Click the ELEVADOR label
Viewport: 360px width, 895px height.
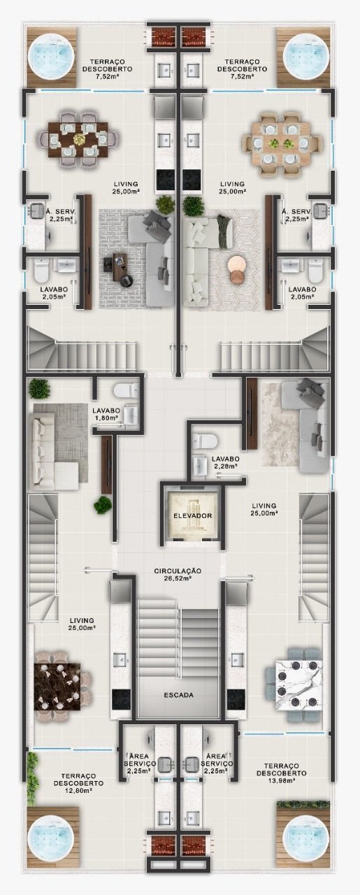coord(193,516)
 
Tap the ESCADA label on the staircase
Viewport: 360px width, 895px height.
coord(178,695)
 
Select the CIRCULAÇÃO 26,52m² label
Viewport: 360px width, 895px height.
coord(178,575)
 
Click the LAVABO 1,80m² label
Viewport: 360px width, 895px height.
coord(106,414)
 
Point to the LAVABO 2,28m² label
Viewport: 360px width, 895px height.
coord(225,463)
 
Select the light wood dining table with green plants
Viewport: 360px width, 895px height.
coord(282,143)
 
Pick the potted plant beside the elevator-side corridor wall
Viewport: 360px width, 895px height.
coord(103,505)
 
